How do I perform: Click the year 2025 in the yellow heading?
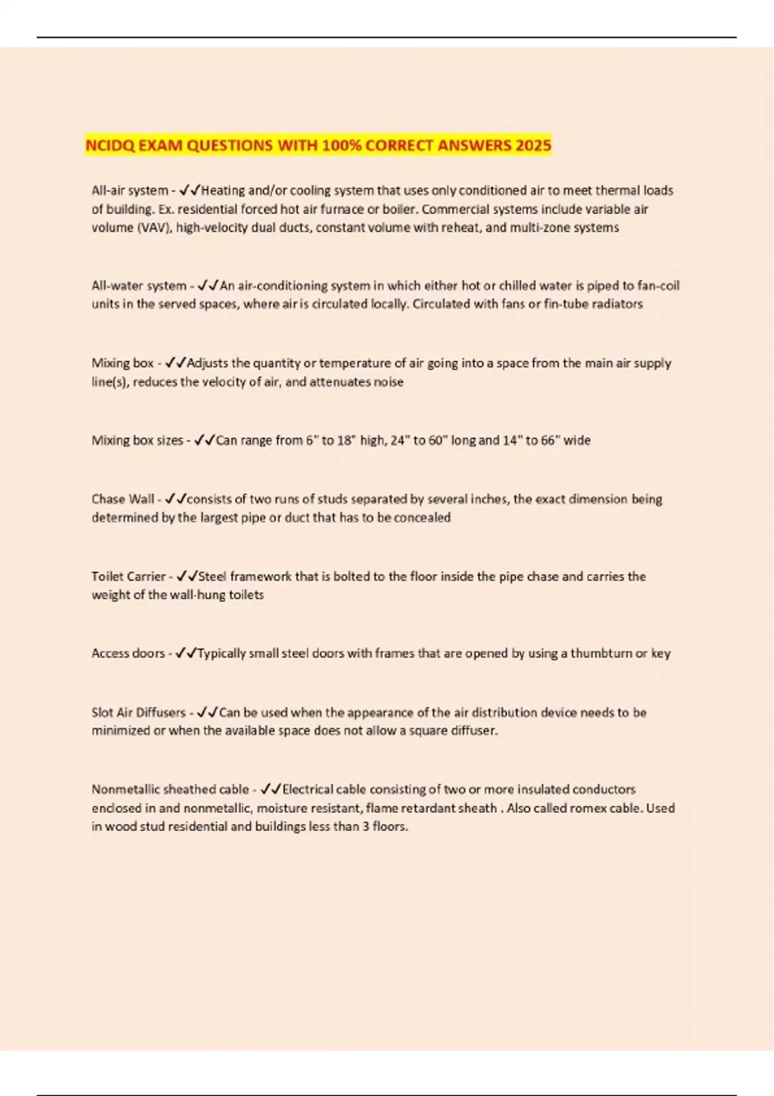coord(533,145)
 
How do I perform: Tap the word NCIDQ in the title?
coord(110,145)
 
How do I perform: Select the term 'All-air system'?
coord(129,191)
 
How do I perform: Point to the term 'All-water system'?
coord(139,286)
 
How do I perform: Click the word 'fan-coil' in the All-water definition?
coord(659,286)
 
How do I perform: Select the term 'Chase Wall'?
coord(123,499)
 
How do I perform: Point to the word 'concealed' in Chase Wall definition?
coord(422,517)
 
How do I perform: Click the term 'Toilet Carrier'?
coord(128,576)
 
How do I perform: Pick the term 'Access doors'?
coord(128,654)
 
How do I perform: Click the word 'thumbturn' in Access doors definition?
coord(601,654)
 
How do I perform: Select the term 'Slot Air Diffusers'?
coord(138,712)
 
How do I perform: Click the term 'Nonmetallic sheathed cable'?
coord(170,790)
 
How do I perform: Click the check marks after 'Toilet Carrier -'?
coord(187,576)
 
